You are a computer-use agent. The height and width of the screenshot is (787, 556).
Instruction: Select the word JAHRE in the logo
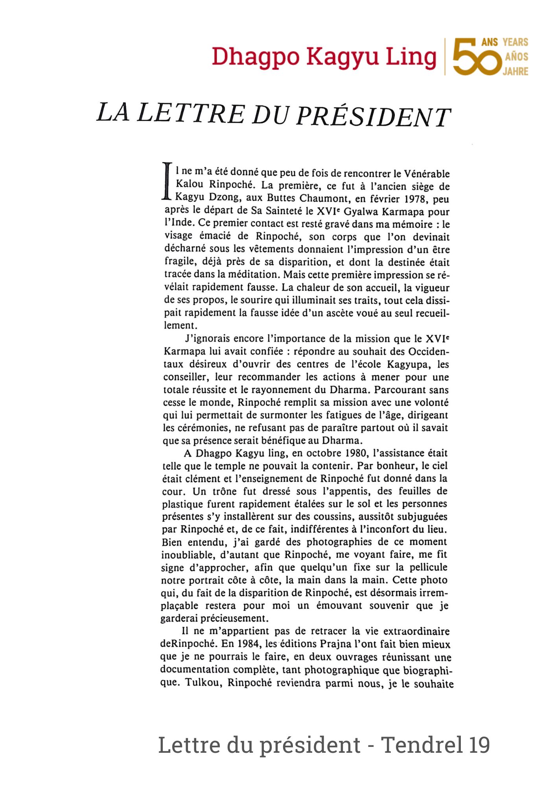[515, 72]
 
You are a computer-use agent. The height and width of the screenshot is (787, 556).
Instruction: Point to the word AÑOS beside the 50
[516, 57]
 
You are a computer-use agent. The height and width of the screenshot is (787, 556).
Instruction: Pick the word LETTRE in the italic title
[191, 113]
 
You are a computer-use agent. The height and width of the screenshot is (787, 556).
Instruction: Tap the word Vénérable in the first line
[427, 174]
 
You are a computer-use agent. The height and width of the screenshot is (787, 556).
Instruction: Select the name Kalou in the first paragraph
[190, 184]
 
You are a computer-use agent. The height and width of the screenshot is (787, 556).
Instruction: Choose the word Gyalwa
[361, 212]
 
